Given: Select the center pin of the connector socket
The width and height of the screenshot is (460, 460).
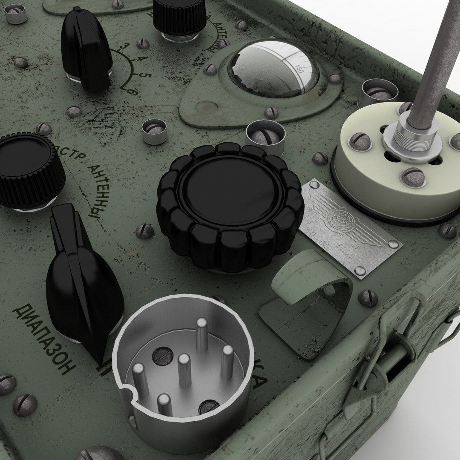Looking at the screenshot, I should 184,369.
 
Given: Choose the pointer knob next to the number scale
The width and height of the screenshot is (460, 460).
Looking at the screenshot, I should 85,49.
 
